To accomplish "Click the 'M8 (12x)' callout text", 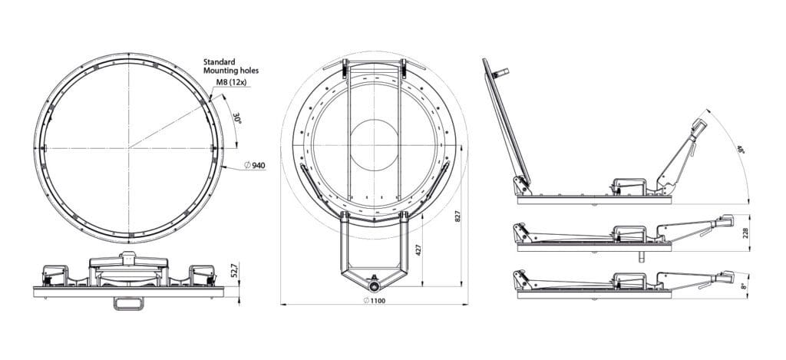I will pyautogui.click(x=220, y=83).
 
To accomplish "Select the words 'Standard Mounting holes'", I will pyautogui.click(x=230, y=65).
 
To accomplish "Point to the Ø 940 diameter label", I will pyautogui.click(x=254, y=166).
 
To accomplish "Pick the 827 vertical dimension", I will pyautogui.click(x=458, y=216).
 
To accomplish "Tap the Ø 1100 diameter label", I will pyautogui.click(x=373, y=301).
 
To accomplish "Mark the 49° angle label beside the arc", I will pyautogui.click(x=740, y=150).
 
